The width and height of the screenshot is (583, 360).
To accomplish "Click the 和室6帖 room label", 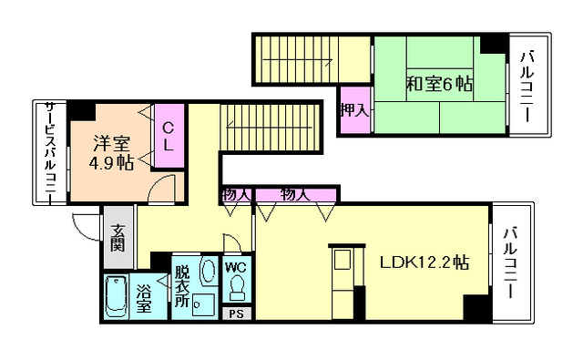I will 439,85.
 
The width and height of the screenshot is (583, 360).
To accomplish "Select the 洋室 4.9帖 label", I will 112,153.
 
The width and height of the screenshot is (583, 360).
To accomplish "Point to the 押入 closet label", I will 353,110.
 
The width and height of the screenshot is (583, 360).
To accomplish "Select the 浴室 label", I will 145,301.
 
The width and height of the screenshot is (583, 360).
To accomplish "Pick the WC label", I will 235,267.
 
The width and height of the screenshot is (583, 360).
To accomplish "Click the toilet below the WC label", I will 237,288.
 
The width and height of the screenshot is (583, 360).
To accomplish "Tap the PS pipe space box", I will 236,313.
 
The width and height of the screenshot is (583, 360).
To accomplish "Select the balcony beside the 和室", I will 527,87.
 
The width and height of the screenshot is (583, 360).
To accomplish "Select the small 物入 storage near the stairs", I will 236,194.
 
